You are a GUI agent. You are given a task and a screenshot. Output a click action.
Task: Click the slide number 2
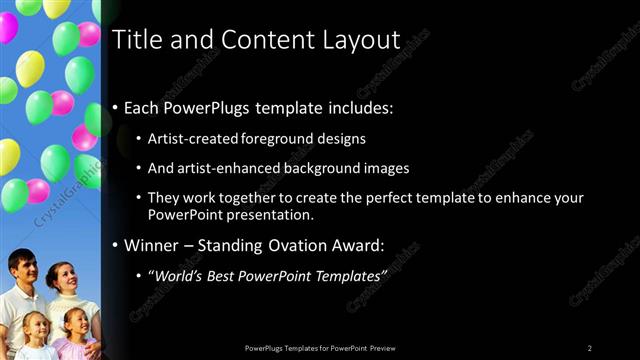click(x=590, y=347)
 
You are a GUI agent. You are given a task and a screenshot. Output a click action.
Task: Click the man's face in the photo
click(x=23, y=270)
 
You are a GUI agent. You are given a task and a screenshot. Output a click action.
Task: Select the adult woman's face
click(x=66, y=277)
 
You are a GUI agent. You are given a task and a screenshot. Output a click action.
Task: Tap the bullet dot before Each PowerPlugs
click(x=116, y=107)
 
